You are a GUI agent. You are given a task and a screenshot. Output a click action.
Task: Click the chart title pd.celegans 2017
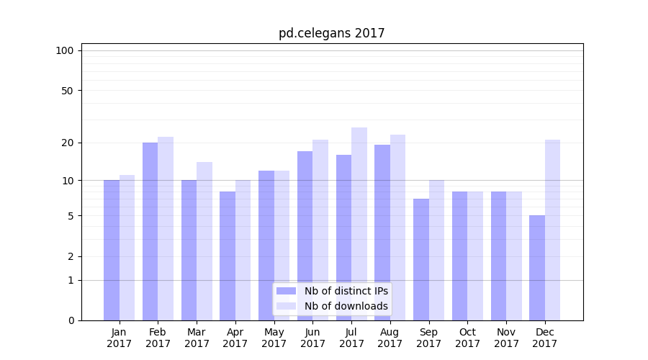pyautogui.click(x=332, y=33)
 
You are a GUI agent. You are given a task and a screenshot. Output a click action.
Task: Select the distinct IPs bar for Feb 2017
pyautogui.click(x=150, y=231)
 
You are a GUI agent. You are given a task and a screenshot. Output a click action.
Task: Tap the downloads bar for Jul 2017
pyautogui.click(x=359, y=224)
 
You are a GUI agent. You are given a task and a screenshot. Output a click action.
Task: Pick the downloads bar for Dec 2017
pyautogui.click(x=552, y=230)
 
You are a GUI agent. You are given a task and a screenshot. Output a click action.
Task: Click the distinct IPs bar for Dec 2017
pyautogui.click(x=537, y=268)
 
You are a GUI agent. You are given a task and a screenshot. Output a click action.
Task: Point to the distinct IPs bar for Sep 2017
pyautogui.click(x=421, y=259)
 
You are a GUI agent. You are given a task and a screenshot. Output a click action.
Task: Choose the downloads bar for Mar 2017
pyautogui.click(x=204, y=241)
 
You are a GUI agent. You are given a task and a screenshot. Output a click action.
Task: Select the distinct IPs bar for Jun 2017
pyautogui.click(x=305, y=235)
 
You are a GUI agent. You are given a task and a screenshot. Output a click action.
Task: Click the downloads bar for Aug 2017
pyautogui.click(x=397, y=228)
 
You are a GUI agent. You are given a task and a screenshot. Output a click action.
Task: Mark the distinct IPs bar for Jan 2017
pyautogui.click(x=112, y=250)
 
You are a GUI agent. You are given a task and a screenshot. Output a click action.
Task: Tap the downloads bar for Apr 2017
pyautogui.click(x=243, y=250)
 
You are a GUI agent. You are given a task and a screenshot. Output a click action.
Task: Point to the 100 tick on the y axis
pyautogui.click(x=65, y=50)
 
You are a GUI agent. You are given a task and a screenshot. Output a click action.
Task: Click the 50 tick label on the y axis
pyautogui.click(x=67, y=91)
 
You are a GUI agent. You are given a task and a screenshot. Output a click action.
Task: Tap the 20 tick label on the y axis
pyautogui.click(x=67, y=143)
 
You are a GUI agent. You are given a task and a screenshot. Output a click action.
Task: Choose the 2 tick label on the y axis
pyautogui.click(x=70, y=256)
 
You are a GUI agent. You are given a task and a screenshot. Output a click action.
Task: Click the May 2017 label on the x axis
pyautogui.click(x=274, y=338)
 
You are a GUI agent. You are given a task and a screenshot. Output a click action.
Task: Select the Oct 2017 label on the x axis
pyautogui.click(x=467, y=338)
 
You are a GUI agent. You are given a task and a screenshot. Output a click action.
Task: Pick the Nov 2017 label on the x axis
pyautogui.click(x=506, y=338)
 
